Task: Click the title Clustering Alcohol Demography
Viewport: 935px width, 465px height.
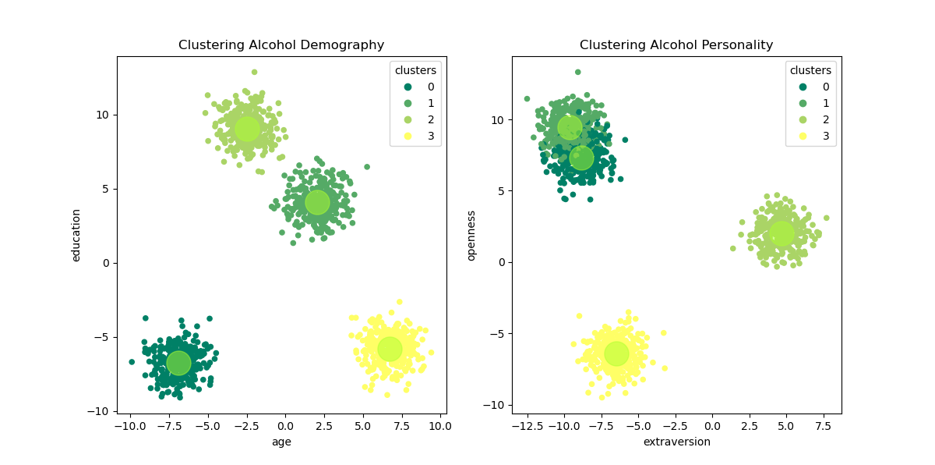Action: pos(281,45)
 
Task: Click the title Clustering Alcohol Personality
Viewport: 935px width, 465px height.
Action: pos(676,45)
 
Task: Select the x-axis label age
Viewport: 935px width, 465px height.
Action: pos(281,442)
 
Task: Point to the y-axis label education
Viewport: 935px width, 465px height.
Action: pos(76,235)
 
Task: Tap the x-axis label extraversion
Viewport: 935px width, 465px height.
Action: pos(676,442)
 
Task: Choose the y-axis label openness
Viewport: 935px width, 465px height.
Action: pos(471,235)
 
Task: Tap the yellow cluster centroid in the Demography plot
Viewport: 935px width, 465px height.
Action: pos(390,349)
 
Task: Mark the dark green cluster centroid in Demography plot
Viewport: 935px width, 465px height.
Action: pos(178,363)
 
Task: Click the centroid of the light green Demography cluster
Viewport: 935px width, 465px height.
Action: pos(247,128)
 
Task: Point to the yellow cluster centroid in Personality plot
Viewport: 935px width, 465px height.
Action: pos(616,353)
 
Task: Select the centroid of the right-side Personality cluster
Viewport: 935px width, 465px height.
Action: pos(782,232)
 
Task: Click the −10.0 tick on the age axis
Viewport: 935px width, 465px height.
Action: pos(129,426)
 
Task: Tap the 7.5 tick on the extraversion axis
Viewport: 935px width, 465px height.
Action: pos(823,426)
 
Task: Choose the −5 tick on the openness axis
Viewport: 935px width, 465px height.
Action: pos(496,333)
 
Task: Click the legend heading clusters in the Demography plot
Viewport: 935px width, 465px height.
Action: pos(415,70)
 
